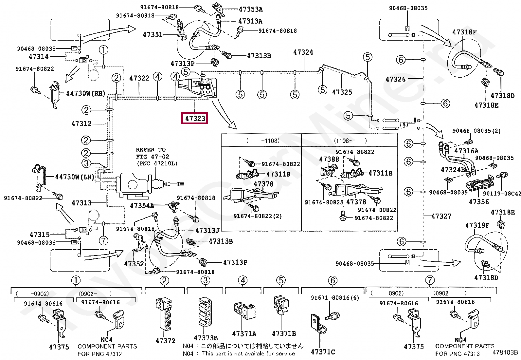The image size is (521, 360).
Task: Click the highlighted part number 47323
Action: coord(195,118)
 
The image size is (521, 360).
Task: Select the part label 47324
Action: coord(303,52)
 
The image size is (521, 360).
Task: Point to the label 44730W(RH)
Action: coord(86,94)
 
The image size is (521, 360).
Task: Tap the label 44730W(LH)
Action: coord(75,177)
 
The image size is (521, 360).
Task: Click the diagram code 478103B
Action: coord(505,353)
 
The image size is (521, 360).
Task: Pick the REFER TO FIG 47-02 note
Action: coord(153,157)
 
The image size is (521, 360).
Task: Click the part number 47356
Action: coord(479,202)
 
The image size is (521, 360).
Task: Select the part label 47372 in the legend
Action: coord(166,341)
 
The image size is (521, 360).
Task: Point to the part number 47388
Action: coord(329,159)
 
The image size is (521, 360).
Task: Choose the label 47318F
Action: coord(464,32)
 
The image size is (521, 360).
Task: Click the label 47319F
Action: coord(477,225)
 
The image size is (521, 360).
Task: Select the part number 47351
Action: coord(153,34)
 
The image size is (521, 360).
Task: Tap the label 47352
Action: coord(134,264)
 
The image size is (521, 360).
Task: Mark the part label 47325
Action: coord(342,92)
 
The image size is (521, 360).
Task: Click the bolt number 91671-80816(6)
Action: coord(335,298)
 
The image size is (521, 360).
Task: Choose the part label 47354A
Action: coord(142,206)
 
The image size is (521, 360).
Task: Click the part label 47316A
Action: coord(466,151)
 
